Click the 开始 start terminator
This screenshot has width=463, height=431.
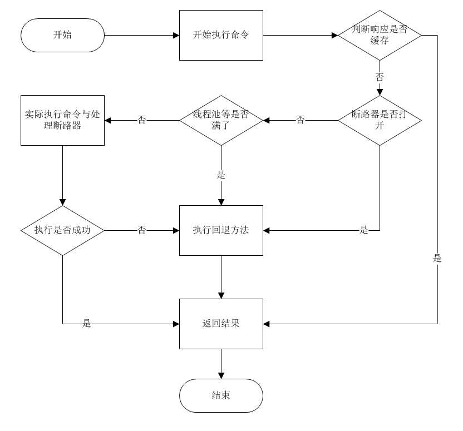click(x=62, y=35)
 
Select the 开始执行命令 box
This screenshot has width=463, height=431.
click(x=221, y=35)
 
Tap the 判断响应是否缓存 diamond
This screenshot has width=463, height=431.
click(x=380, y=35)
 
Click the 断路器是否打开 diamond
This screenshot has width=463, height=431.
click(x=380, y=120)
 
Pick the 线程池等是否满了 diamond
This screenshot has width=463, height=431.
click(x=221, y=120)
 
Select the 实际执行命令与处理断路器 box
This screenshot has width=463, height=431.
click(x=62, y=120)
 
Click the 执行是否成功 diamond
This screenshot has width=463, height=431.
click(x=62, y=230)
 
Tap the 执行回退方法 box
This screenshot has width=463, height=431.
click(x=221, y=230)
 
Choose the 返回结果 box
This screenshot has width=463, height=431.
click(x=221, y=324)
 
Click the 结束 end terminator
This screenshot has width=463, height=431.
click(x=221, y=395)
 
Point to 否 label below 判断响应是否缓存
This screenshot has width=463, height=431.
click(x=380, y=77)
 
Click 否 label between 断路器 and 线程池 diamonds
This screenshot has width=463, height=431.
click(x=301, y=120)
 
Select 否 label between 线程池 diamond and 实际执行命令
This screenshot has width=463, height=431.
click(x=142, y=120)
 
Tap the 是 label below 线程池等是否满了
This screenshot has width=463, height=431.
click(x=221, y=175)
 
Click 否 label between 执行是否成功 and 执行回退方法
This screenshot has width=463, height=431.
click(x=142, y=230)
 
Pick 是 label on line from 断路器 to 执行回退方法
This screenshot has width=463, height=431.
click(x=364, y=230)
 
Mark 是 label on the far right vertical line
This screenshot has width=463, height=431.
click(x=437, y=258)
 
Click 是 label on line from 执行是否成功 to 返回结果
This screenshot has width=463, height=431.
click(x=87, y=324)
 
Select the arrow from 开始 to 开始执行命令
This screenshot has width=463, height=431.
click(x=142, y=35)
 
